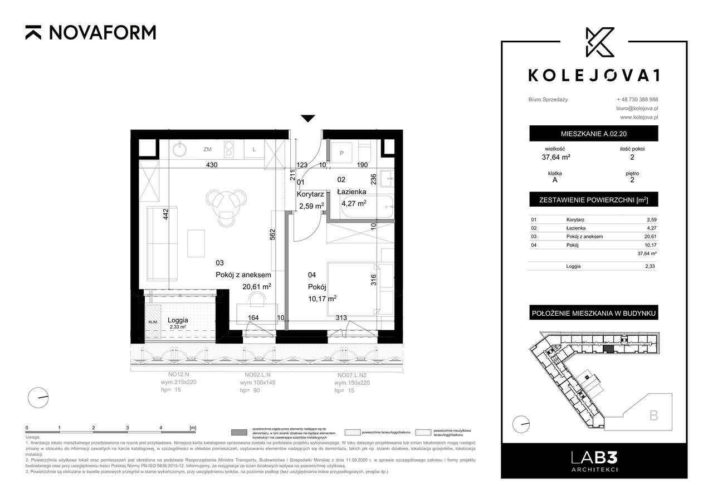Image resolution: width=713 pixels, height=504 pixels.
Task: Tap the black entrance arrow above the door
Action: [x=307, y=118]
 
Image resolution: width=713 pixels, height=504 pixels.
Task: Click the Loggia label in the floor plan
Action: [x=177, y=320]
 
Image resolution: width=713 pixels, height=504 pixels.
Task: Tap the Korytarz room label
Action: [x=310, y=194]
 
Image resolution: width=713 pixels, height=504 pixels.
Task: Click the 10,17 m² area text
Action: [x=321, y=299]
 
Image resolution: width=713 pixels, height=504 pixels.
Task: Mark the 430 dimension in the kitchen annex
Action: [x=212, y=165]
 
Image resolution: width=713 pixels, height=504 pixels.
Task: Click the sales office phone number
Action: [x=637, y=99]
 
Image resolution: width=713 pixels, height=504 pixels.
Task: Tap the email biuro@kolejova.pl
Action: [x=637, y=108]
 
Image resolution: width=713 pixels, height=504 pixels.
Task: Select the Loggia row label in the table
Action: [x=573, y=266]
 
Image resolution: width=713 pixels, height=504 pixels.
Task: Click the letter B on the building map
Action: [x=653, y=415]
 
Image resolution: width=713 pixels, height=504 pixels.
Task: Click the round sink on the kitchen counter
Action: [x=180, y=149]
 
